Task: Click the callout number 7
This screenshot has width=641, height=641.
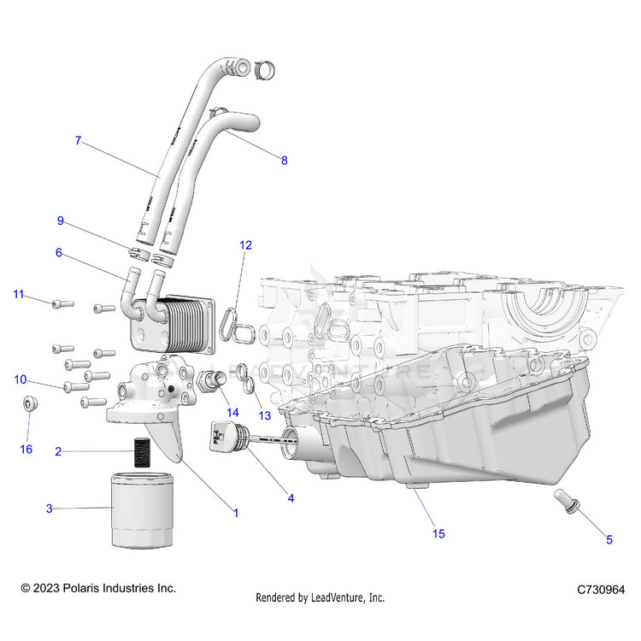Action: [78, 141]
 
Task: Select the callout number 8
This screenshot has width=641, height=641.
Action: [285, 159]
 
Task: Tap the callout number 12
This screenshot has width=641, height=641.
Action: [245, 245]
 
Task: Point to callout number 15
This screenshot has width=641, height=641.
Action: [438, 534]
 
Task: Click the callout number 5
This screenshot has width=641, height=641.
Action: [609, 539]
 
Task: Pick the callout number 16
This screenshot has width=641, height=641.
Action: [26, 449]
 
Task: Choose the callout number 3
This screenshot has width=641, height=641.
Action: [49, 509]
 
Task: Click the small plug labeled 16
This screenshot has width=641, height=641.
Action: [29, 403]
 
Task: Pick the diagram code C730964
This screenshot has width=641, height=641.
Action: [600, 590]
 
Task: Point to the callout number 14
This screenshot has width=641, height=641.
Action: [232, 412]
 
